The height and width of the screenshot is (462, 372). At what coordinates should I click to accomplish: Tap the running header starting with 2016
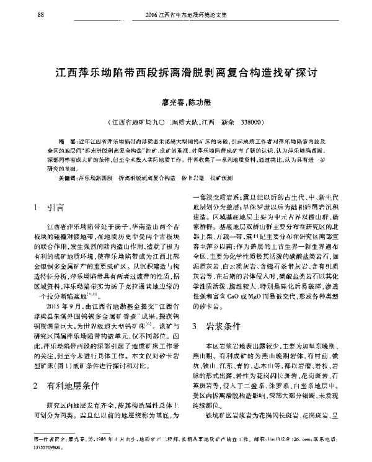click(186, 14)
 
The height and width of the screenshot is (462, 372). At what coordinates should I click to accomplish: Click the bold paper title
click(185, 72)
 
